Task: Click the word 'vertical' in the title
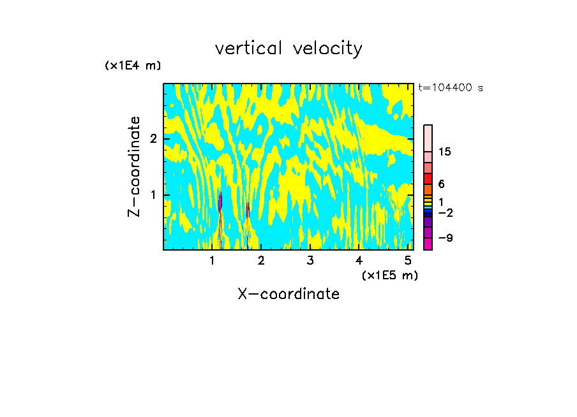[x=248, y=48]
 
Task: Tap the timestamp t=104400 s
[x=451, y=88]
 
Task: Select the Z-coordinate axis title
[x=134, y=166]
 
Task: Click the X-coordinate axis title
[x=288, y=294]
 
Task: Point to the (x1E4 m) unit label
[x=133, y=66]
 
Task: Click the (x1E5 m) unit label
[x=389, y=275]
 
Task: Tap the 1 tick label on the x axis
[x=212, y=261]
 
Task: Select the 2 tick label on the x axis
[x=261, y=261]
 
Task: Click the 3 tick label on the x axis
[x=310, y=261]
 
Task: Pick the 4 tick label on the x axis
[x=359, y=261]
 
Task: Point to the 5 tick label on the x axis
[x=408, y=261]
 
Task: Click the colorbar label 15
[x=445, y=152]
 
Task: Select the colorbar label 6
[x=441, y=184]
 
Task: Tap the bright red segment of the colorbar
[x=428, y=179]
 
